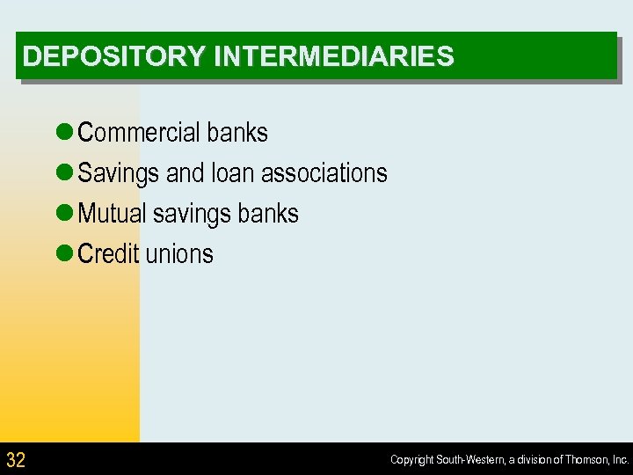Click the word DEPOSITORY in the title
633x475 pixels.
[114, 57]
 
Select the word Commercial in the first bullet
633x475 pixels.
[138, 133]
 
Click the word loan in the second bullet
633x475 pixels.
[232, 173]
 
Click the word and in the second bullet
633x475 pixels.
[185, 173]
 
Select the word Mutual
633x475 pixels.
[112, 214]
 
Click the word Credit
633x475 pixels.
[108, 254]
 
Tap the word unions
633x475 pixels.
[179, 254]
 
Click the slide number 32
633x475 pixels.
[16, 459]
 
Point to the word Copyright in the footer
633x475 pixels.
[411, 460]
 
